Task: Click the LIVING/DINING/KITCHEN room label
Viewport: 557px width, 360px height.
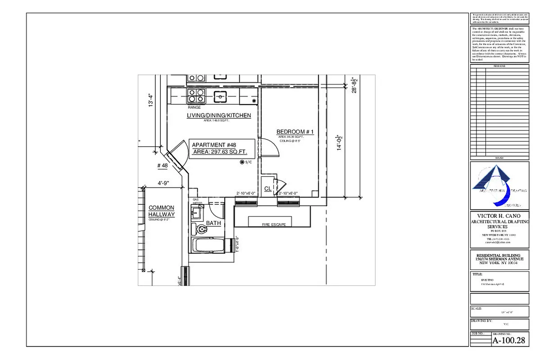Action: click(x=219, y=116)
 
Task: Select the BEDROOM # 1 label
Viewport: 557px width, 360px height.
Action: click(x=295, y=132)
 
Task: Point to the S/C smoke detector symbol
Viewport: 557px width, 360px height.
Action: click(x=242, y=162)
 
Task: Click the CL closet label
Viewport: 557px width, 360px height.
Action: click(x=268, y=189)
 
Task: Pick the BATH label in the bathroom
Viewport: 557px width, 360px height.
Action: click(x=213, y=223)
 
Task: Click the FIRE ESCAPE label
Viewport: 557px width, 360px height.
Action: click(x=274, y=225)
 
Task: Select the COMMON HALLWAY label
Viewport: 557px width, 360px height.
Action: click(x=161, y=211)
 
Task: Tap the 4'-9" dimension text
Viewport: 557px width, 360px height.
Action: click(x=163, y=183)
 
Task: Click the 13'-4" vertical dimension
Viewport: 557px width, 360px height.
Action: click(x=151, y=100)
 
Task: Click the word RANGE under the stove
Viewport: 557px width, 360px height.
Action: click(x=195, y=108)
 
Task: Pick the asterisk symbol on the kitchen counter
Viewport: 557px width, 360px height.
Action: click(x=254, y=101)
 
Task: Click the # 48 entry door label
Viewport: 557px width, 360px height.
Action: click(x=162, y=166)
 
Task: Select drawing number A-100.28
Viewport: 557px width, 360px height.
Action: click(x=508, y=341)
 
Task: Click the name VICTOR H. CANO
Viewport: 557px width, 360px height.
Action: click(x=499, y=216)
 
